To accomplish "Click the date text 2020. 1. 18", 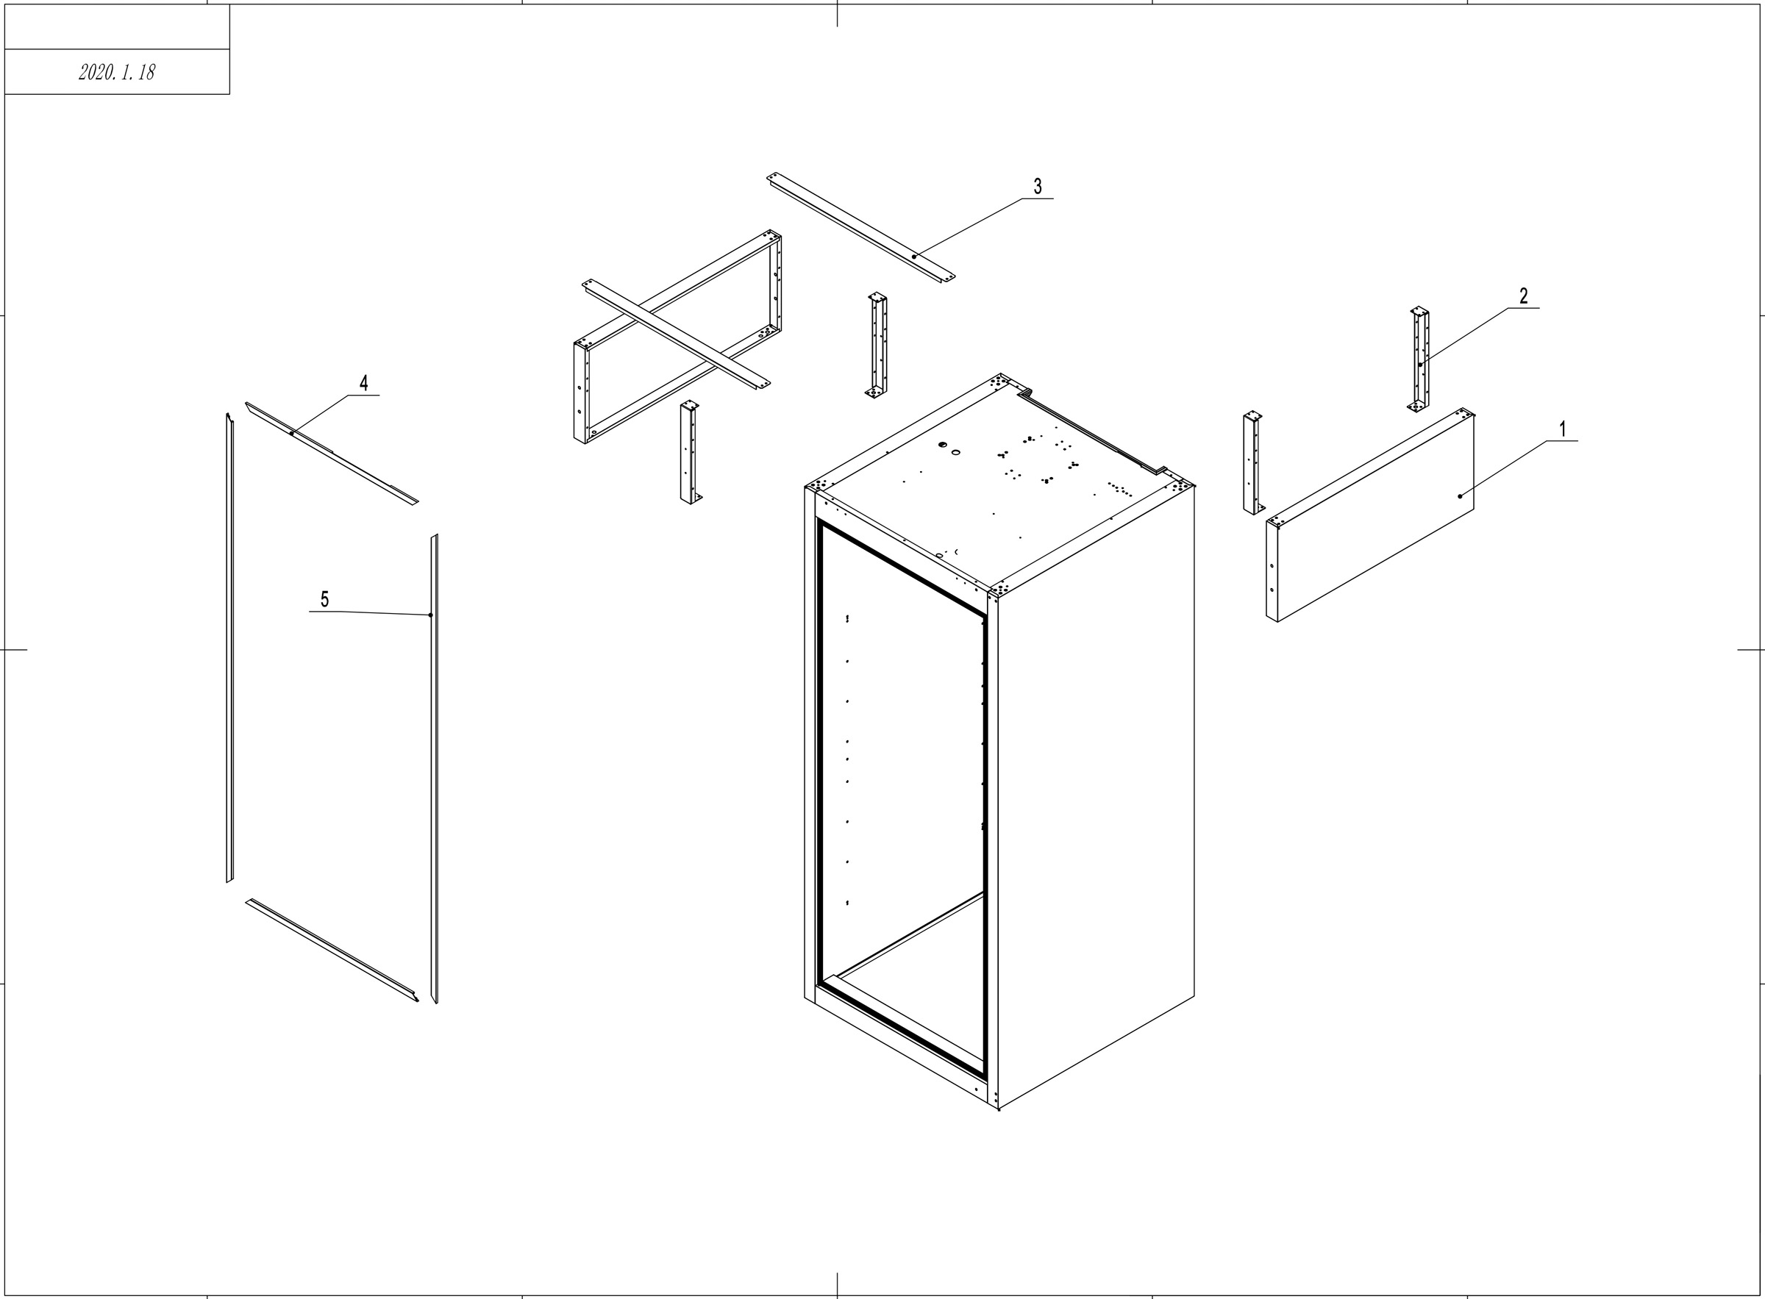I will tap(117, 72).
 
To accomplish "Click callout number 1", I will tap(1563, 429).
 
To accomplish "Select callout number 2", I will tap(1524, 296).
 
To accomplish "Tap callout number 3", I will tap(1038, 186).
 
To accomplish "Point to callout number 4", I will tap(363, 383).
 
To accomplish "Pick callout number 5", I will tap(324, 599).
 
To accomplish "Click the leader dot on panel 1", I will tap(1460, 496).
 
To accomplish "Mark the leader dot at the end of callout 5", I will tap(430, 615).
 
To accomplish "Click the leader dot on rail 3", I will tap(914, 257).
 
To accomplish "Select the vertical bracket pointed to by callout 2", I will tap(1419, 358).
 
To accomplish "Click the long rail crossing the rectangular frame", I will tap(677, 334).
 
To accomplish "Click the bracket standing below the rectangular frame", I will tap(690, 452).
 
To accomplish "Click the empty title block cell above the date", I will tap(117, 26).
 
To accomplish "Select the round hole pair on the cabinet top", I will tap(948, 448).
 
